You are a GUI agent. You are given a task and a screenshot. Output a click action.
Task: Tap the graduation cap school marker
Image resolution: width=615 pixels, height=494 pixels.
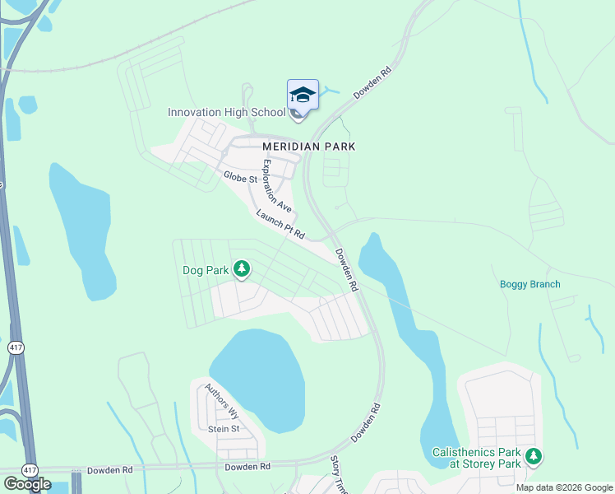pos(303,96)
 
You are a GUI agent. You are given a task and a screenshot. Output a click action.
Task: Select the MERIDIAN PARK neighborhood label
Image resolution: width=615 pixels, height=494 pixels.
pos(308,146)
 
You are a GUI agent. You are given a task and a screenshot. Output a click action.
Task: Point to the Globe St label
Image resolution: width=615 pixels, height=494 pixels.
pos(239,178)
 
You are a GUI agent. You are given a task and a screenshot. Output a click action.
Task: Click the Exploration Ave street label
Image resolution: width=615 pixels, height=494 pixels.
pos(276,186)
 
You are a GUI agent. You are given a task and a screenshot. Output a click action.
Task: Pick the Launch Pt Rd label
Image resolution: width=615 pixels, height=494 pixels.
pos(280,225)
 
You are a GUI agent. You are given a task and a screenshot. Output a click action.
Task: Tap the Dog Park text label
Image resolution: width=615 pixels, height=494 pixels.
pos(206,269)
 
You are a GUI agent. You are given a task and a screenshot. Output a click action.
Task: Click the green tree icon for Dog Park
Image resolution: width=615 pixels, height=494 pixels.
pos(242,268)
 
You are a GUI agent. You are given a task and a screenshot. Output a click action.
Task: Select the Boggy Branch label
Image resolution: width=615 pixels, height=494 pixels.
pos(530,285)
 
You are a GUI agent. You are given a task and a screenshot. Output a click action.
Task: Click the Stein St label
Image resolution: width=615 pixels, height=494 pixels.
pos(224,429)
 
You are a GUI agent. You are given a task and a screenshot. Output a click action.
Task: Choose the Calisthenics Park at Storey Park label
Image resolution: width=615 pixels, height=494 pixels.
pos(478,458)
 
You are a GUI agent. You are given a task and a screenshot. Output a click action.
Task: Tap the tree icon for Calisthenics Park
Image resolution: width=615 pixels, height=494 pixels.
pos(534,455)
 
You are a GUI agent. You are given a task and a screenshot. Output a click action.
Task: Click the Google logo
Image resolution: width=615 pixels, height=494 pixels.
pos(27,484)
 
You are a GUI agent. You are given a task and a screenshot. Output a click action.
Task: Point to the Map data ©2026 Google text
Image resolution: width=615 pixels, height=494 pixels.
pos(564,487)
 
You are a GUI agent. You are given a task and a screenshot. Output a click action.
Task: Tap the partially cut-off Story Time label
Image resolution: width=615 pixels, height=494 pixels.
pos(338,475)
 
